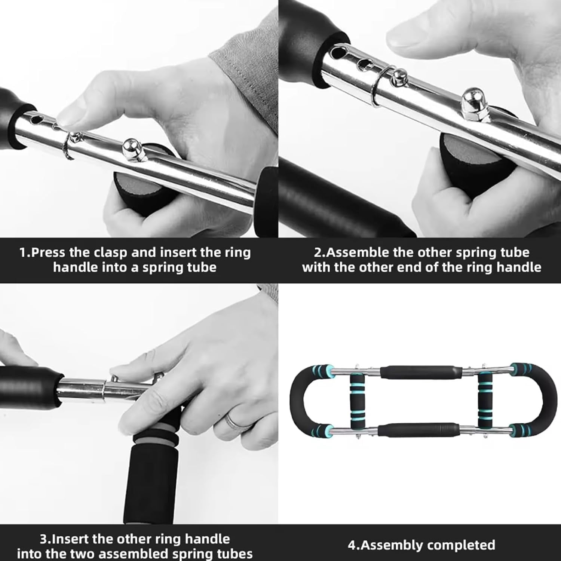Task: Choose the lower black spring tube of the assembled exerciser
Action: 419,430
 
